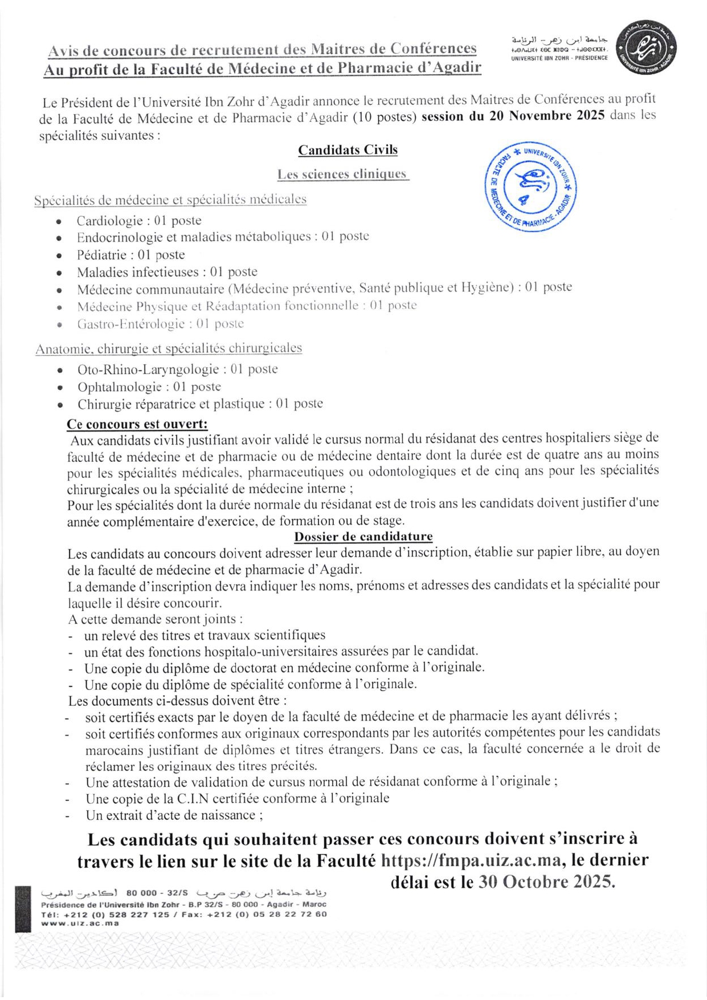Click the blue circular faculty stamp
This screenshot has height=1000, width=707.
click(530, 186)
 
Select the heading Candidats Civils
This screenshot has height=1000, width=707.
click(348, 150)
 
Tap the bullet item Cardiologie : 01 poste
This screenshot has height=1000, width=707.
click(139, 221)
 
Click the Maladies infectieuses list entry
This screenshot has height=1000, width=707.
click(167, 272)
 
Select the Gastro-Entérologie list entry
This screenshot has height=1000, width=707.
click(160, 324)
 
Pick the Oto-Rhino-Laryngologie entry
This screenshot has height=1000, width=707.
click(177, 369)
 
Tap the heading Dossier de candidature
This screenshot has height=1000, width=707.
click(363, 536)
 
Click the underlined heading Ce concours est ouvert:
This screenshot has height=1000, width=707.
click(137, 424)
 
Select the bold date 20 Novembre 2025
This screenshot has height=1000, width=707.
click(546, 116)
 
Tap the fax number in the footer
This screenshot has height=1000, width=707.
click(288, 914)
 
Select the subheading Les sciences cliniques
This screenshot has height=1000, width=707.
click(342, 174)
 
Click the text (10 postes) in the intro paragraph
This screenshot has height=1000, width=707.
click(385, 117)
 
